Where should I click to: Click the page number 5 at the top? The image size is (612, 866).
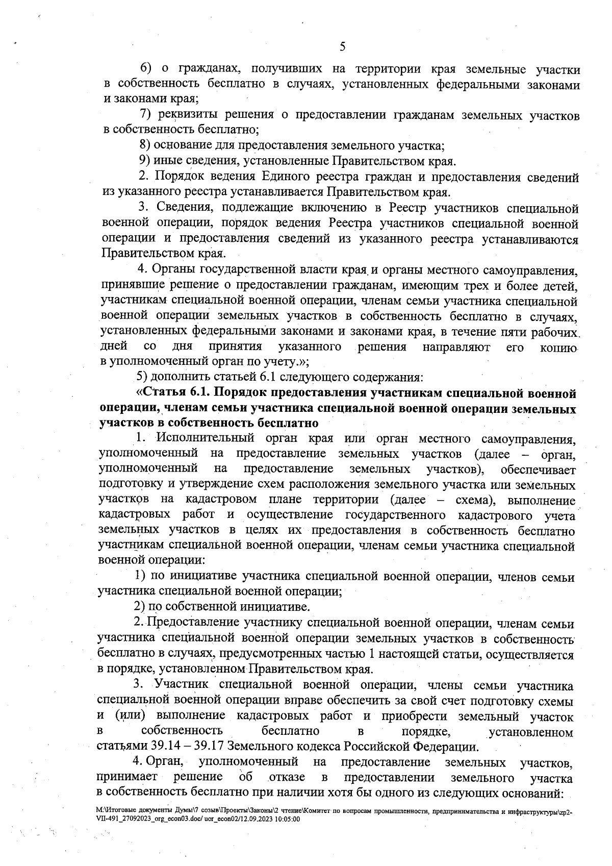click(342, 46)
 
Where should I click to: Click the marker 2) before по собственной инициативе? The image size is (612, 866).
click(140, 607)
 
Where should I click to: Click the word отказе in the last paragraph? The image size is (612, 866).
click(287, 778)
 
